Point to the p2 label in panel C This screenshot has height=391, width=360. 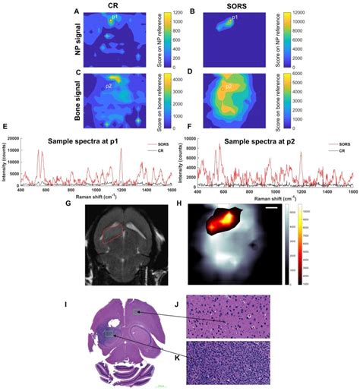(x=109, y=87)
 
